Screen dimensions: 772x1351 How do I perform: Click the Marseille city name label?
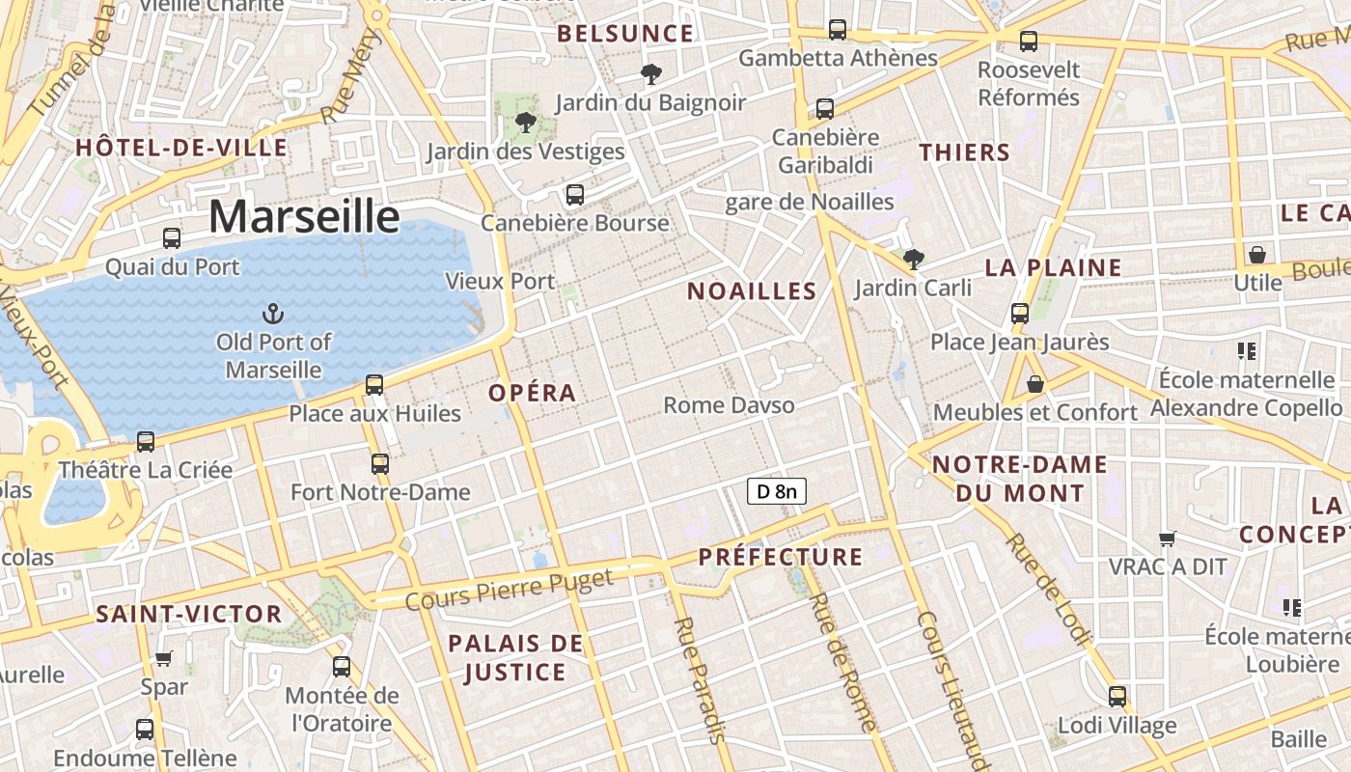point(304,216)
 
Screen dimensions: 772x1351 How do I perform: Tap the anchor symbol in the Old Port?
point(273,313)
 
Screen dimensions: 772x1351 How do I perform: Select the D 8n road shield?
point(776,491)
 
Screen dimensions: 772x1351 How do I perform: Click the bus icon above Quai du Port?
point(172,237)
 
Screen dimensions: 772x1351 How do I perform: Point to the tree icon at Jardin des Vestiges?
point(526,122)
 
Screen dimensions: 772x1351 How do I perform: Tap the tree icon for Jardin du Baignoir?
point(651,73)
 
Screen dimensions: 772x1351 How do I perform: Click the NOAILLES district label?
point(752,290)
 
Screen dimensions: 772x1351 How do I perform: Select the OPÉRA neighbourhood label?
point(532,393)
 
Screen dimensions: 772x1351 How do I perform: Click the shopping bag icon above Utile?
point(1256,255)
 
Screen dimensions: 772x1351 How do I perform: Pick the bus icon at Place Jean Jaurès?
point(1020,313)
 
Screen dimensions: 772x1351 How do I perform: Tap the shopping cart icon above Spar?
point(164,658)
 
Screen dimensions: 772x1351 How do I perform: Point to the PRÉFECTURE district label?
point(781,557)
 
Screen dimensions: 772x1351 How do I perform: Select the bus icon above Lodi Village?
point(1117,696)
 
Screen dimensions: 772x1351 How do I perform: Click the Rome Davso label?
point(729,404)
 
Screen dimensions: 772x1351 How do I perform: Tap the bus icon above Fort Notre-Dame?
point(380,463)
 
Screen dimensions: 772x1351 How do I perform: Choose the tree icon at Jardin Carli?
point(913,259)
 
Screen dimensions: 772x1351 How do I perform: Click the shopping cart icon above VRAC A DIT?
point(1168,538)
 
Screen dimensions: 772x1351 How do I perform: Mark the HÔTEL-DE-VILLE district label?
point(181,148)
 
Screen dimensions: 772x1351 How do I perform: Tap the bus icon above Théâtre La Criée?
point(146,442)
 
